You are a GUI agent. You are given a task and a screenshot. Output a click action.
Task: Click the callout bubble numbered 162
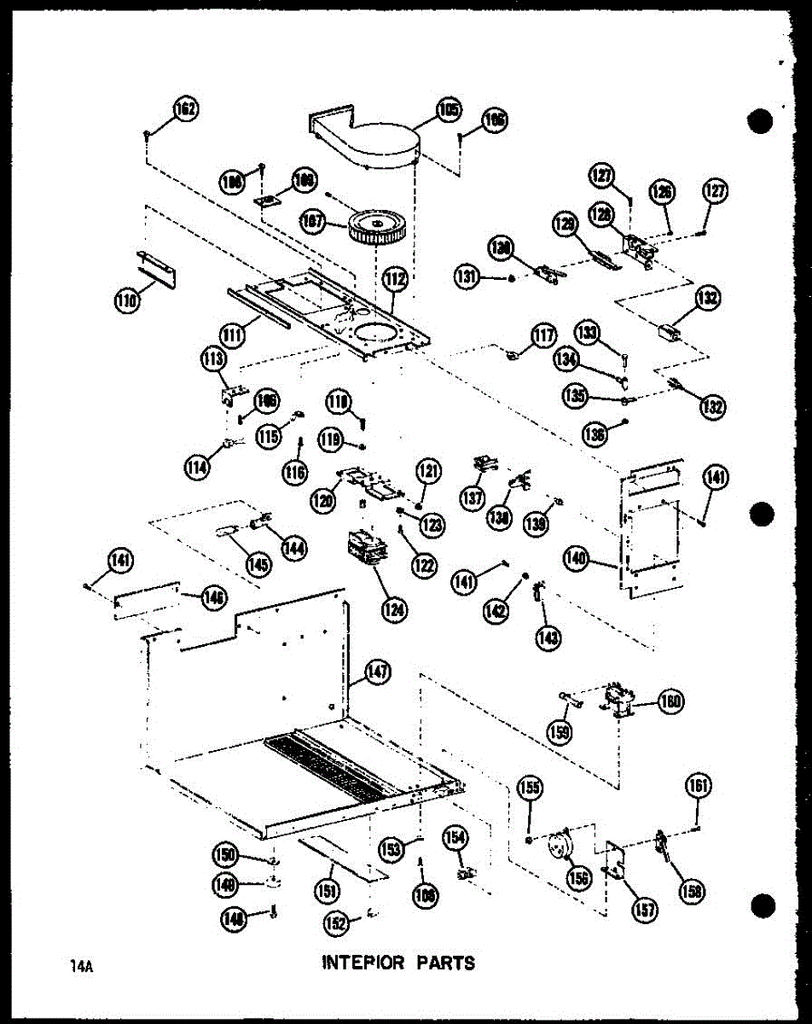(185, 110)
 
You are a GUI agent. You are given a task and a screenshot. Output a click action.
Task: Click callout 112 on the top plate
(394, 277)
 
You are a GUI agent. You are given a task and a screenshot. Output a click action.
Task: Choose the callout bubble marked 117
(542, 335)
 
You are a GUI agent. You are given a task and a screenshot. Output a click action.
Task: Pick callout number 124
(394, 608)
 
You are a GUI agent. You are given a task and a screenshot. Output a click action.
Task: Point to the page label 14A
(85, 967)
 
